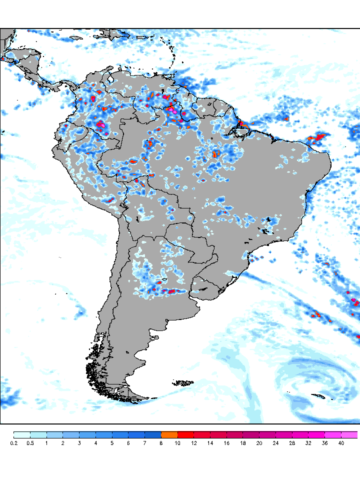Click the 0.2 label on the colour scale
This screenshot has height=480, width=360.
tap(13, 443)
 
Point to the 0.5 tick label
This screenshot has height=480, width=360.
tap(30, 443)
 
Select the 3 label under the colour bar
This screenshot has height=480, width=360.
tap(79, 443)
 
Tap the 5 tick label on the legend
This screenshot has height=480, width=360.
tap(112, 443)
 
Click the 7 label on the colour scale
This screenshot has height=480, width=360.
tap(144, 443)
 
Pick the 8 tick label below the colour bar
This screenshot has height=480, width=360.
tap(161, 443)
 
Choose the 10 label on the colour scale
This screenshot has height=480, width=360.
tap(177, 443)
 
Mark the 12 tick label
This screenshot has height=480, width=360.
tap(194, 443)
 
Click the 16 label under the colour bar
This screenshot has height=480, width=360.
tap(226, 443)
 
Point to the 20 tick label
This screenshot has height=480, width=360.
tap(259, 443)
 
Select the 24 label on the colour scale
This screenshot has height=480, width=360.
tap(275, 443)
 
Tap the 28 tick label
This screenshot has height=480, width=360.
tap(292, 443)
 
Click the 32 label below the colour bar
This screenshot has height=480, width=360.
tap(308, 443)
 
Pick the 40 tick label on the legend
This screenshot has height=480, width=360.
tap(341, 443)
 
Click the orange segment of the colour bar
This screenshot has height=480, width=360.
tap(169, 434)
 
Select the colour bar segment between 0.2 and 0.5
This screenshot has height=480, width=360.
tap(21, 434)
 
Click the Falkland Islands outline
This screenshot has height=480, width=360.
tap(183, 383)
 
